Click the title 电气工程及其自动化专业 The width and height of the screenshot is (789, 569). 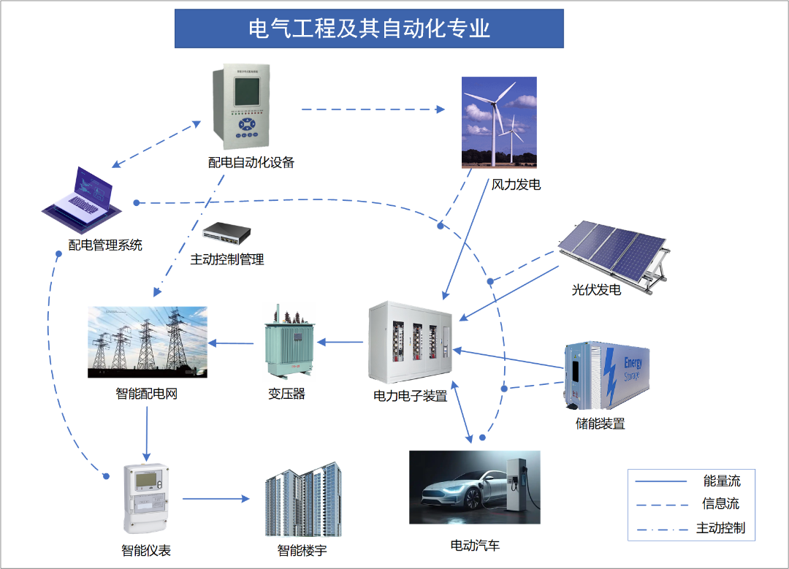pyautogui.click(x=369, y=28)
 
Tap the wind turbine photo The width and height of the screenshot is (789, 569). pyautogui.click(x=499, y=123)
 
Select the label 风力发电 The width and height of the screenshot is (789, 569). pyautogui.click(x=516, y=184)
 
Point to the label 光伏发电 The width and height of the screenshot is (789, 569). pyautogui.click(x=596, y=290)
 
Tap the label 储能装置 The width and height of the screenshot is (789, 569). pyautogui.click(x=601, y=424)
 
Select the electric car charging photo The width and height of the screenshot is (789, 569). pyautogui.click(x=474, y=486)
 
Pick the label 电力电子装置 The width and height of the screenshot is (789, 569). pyautogui.click(x=410, y=397)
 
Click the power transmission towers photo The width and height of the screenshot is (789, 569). pyautogui.click(x=148, y=342)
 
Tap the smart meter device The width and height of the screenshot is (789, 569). pyautogui.click(x=147, y=498)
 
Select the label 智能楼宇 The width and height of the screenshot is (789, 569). pyautogui.click(x=302, y=550)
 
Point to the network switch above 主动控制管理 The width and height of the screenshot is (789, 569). pyautogui.click(x=226, y=233)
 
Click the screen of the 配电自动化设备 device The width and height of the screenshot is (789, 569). pyautogui.click(x=246, y=92)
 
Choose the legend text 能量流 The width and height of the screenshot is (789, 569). pyautogui.click(x=722, y=481)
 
